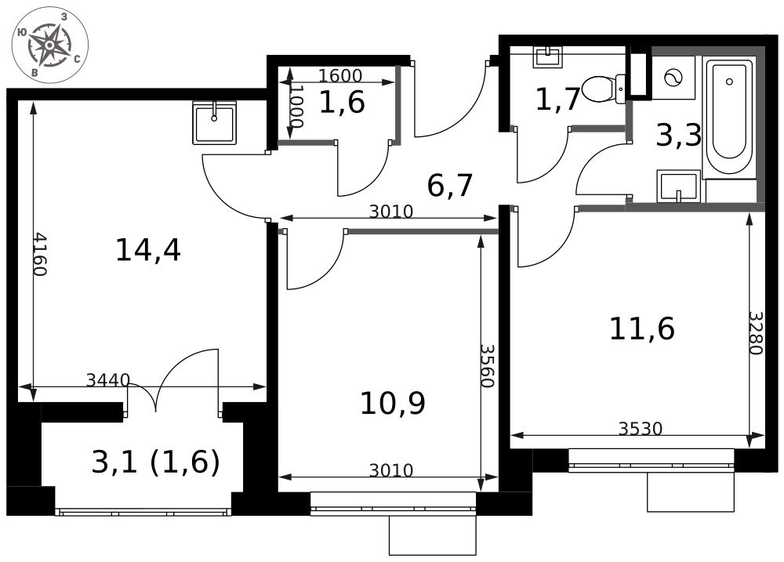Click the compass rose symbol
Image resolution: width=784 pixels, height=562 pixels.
(x=49, y=45)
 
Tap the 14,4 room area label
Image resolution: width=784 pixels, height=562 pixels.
(x=147, y=250)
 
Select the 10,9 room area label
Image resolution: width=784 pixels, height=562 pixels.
(x=392, y=404)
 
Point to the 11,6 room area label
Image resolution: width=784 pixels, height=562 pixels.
(x=641, y=328)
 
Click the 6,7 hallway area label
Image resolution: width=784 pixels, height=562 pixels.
(x=450, y=186)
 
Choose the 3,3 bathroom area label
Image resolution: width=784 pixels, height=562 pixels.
(x=678, y=136)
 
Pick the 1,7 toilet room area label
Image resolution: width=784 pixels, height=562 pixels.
(x=557, y=100)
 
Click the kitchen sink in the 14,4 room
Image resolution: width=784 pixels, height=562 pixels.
(x=214, y=124)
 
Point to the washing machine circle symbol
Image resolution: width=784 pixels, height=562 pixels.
(x=673, y=78)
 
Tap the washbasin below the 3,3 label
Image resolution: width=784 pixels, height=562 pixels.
(x=678, y=187)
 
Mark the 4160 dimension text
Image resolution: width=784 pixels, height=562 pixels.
(x=39, y=254)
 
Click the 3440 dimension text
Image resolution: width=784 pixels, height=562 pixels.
(x=108, y=380)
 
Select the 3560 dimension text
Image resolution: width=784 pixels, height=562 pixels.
(x=486, y=365)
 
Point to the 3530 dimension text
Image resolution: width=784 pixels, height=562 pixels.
(x=641, y=429)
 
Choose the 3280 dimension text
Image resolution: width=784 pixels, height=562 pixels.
(x=754, y=332)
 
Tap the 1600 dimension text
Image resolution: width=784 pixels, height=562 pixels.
(x=340, y=76)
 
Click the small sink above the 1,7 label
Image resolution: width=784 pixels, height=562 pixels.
(x=548, y=56)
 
